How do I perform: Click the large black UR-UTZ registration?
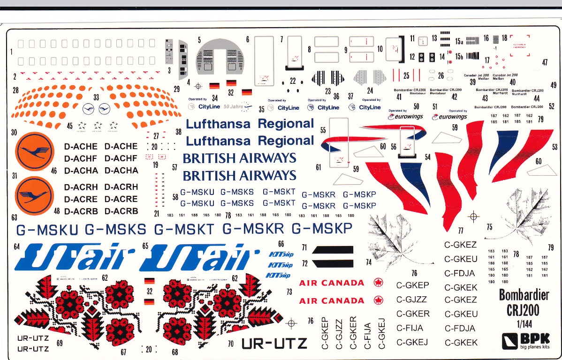pyautogui.click(x=274, y=344)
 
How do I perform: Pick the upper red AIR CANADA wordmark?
pyautogui.click(x=332, y=283)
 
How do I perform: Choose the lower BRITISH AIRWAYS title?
pyautogui.click(x=239, y=176)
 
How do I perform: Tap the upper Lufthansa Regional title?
pyautogui.click(x=250, y=124)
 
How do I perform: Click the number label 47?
pyautogui.click(x=545, y=62)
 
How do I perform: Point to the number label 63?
pyautogui.click(x=14, y=217)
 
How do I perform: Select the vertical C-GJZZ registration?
pyautogui.click(x=339, y=334)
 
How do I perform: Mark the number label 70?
pyautogui.click(x=230, y=344)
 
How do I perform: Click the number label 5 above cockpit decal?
pyautogui.click(x=199, y=40)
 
